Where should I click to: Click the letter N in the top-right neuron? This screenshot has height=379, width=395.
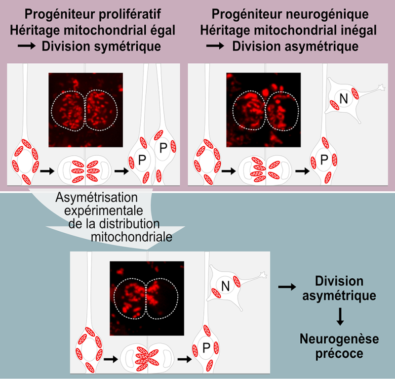[344, 98]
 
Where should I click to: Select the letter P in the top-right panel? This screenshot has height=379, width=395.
[324, 160]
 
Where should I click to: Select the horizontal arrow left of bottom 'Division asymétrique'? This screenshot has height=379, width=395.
[287, 286]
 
